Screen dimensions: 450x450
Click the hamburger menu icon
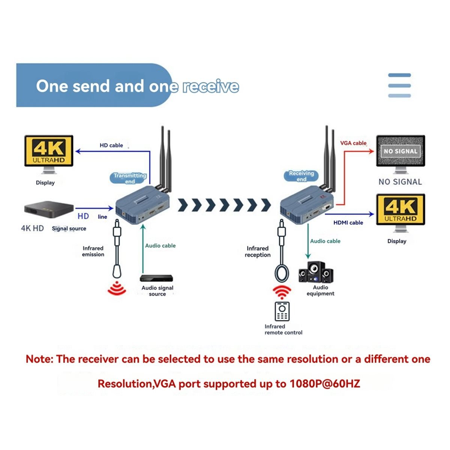pyautogui.click(x=399, y=85)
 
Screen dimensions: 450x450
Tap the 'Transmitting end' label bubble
pyautogui.click(x=129, y=178)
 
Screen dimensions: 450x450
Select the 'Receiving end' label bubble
pyautogui.click(x=301, y=176)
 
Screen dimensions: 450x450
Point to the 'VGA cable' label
pyautogui.click(x=353, y=143)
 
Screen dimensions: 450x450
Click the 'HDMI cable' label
pyautogui.click(x=348, y=222)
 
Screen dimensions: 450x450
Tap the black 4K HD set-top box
pyautogui.click(x=49, y=209)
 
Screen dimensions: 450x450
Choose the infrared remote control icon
pyautogui.click(x=282, y=311)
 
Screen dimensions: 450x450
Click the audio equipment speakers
pyautogui.click(x=315, y=272)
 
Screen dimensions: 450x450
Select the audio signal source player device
pyautogui.click(x=156, y=278)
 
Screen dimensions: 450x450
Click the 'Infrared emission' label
pyautogui.click(x=93, y=251)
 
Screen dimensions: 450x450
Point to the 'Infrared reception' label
pyautogui.click(x=257, y=252)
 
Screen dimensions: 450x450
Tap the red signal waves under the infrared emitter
pyautogui.click(x=117, y=288)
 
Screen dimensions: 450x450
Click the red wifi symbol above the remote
pyautogui.click(x=282, y=292)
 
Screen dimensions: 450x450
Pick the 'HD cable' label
pyautogui.click(x=111, y=145)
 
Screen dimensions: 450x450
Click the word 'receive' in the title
pyautogui.click(x=211, y=86)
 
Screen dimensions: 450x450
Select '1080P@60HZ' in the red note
pyautogui.click(x=325, y=384)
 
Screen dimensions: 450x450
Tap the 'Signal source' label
pyautogui.click(x=69, y=228)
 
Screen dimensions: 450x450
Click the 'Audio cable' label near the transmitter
pyautogui.click(x=160, y=245)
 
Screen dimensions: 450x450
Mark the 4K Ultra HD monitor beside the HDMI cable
pyautogui.click(x=400, y=213)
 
